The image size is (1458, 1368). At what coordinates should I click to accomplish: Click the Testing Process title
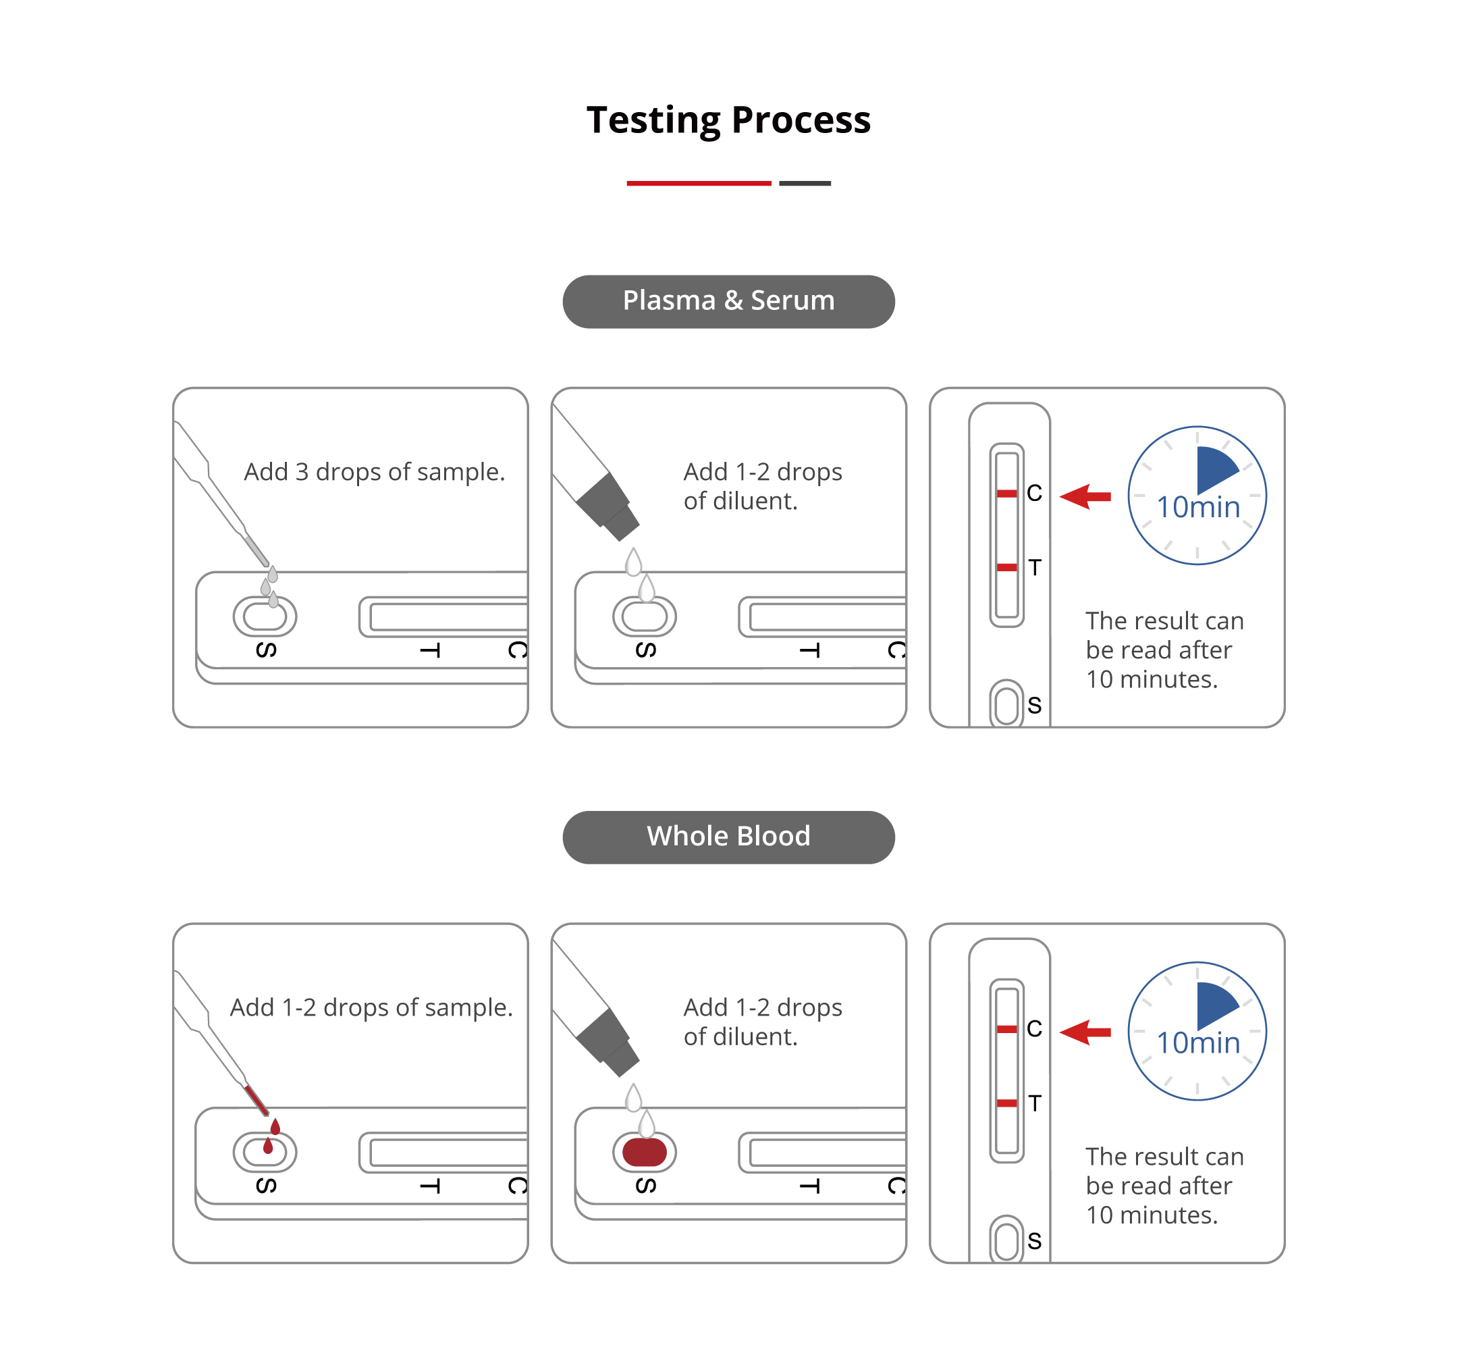tap(728, 120)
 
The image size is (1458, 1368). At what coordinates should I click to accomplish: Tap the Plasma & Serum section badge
tap(728, 301)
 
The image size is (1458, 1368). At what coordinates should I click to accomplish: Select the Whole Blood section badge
tap(728, 837)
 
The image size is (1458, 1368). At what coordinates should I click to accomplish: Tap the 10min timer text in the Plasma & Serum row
tap(1197, 508)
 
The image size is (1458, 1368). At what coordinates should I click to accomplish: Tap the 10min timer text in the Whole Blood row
tap(1197, 1043)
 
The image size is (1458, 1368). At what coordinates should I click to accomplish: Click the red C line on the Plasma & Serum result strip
tap(1007, 494)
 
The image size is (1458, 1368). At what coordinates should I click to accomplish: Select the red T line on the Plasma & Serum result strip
tap(1007, 567)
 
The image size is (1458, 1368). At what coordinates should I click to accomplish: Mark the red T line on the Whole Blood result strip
tap(1007, 1103)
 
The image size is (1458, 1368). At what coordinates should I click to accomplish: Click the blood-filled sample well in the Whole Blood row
tap(644, 1152)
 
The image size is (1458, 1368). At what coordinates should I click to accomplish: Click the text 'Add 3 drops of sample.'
tap(374, 472)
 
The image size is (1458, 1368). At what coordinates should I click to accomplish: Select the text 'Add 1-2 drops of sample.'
tap(371, 1007)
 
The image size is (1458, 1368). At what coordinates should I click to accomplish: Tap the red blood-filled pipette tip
tap(256, 1099)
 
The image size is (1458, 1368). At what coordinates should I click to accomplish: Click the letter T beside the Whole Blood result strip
tap(1034, 1103)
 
